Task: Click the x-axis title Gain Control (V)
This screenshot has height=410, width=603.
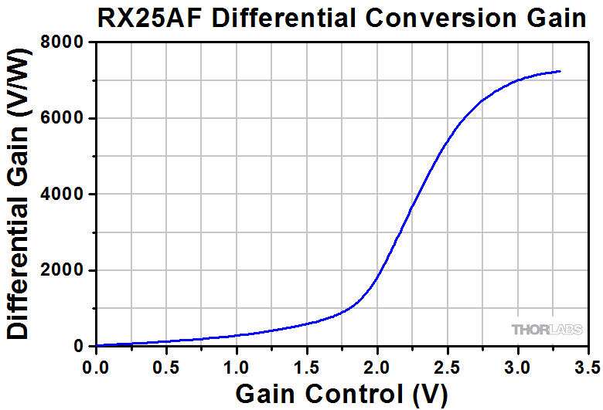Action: [x=341, y=394]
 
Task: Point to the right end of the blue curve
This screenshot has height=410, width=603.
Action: [x=560, y=71]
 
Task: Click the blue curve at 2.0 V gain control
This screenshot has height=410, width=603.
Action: [x=377, y=277]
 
